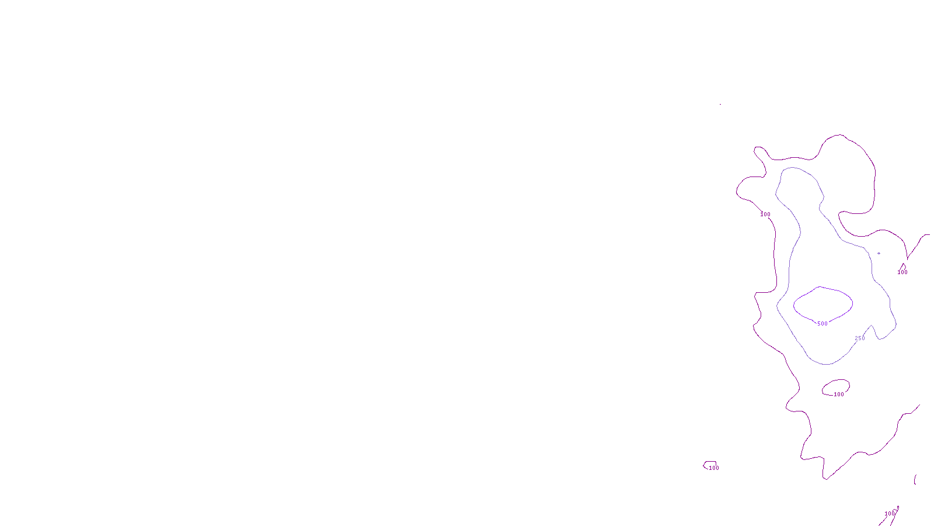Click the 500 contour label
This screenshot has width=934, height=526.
click(822, 324)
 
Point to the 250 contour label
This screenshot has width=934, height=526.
click(860, 338)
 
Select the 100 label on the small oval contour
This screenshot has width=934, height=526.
click(839, 394)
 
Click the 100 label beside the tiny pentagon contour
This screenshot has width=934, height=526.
click(714, 468)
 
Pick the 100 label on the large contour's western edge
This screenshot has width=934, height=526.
click(765, 214)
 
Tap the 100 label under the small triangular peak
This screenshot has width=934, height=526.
click(902, 272)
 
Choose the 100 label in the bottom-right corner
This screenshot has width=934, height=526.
click(889, 514)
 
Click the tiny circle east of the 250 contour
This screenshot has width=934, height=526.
click(879, 253)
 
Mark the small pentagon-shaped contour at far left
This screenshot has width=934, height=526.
click(710, 464)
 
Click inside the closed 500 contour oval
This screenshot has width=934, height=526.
click(823, 304)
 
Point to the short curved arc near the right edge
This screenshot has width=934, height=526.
click(915, 479)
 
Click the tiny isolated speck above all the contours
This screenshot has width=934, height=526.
click(720, 105)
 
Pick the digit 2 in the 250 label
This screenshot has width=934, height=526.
click(856, 338)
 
